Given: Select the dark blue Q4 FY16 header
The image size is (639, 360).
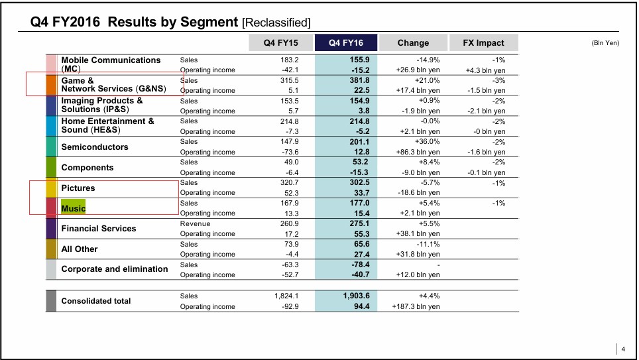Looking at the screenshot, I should (x=347, y=43).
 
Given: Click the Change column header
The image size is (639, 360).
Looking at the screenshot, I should (x=413, y=43).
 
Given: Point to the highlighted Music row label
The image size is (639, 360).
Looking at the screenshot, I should (x=74, y=208).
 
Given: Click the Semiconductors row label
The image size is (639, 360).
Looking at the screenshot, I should (x=95, y=147).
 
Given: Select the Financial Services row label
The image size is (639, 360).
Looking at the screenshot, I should (x=98, y=229).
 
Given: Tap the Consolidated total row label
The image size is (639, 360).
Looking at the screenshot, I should (x=96, y=301).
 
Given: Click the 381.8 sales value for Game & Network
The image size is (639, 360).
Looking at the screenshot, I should (x=359, y=80).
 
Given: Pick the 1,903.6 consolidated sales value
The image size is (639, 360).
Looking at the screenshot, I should (x=355, y=296).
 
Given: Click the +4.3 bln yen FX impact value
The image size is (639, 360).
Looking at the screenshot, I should (x=485, y=70).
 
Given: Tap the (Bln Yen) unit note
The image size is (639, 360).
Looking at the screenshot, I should (x=605, y=43).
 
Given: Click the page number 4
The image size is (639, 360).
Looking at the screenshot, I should (x=623, y=349).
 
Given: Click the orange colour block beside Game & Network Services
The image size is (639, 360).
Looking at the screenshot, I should (x=52, y=85).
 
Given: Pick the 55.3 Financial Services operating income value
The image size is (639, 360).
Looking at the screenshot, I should (x=361, y=234).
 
